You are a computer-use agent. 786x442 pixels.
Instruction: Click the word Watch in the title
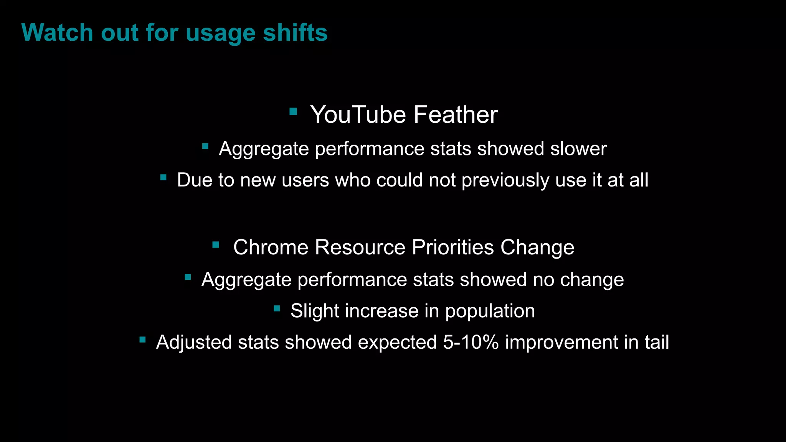[x=57, y=33]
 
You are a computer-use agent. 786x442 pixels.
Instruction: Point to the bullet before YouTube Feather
[x=293, y=112]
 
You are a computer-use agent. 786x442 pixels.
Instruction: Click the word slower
[x=578, y=149]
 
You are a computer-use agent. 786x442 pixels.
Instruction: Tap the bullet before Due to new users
[x=163, y=177]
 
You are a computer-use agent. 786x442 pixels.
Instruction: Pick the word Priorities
[x=453, y=247]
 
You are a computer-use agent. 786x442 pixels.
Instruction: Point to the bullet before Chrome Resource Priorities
[x=216, y=244]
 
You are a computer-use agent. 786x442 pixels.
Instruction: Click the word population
[x=490, y=311]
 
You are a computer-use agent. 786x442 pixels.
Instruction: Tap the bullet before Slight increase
[x=277, y=308]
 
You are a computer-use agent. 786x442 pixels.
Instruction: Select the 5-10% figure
[x=471, y=342]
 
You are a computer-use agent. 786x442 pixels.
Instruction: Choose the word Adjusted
[x=194, y=342]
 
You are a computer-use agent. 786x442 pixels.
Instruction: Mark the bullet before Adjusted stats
[x=142, y=340]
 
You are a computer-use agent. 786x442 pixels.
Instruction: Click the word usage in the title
[x=221, y=33]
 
